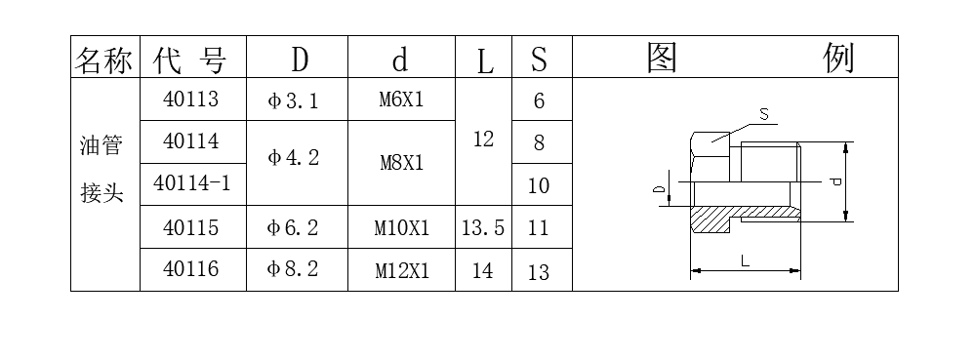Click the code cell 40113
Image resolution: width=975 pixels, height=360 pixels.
click(x=191, y=99)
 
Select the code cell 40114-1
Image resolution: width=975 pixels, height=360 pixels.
click(x=191, y=184)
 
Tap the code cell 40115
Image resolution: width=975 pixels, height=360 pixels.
click(x=191, y=227)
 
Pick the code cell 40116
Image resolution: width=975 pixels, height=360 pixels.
click(x=191, y=269)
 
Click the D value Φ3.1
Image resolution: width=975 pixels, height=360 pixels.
click(x=293, y=100)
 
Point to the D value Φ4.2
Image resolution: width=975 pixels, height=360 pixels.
click(x=293, y=157)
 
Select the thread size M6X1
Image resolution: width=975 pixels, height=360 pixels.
click(x=401, y=100)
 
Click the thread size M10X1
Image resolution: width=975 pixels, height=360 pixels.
click(x=402, y=228)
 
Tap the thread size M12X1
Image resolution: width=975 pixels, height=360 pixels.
click(x=402, y=271)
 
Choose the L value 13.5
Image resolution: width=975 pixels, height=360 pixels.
click(x=483, y=228)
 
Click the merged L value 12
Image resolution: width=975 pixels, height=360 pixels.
click(x=483, y=140)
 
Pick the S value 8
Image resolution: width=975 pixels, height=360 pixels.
click(x=539, y=143)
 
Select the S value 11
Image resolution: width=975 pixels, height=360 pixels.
click(x=539, y=228)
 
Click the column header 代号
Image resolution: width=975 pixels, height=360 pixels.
click(x=190, y=60)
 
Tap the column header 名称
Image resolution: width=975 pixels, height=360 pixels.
click(x=103, y=60)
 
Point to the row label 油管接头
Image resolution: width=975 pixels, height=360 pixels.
click(x=102, y=171)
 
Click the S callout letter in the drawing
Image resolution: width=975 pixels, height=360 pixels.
click(x=764, y=114)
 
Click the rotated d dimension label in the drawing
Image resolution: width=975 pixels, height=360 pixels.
click(x=834, y=181)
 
